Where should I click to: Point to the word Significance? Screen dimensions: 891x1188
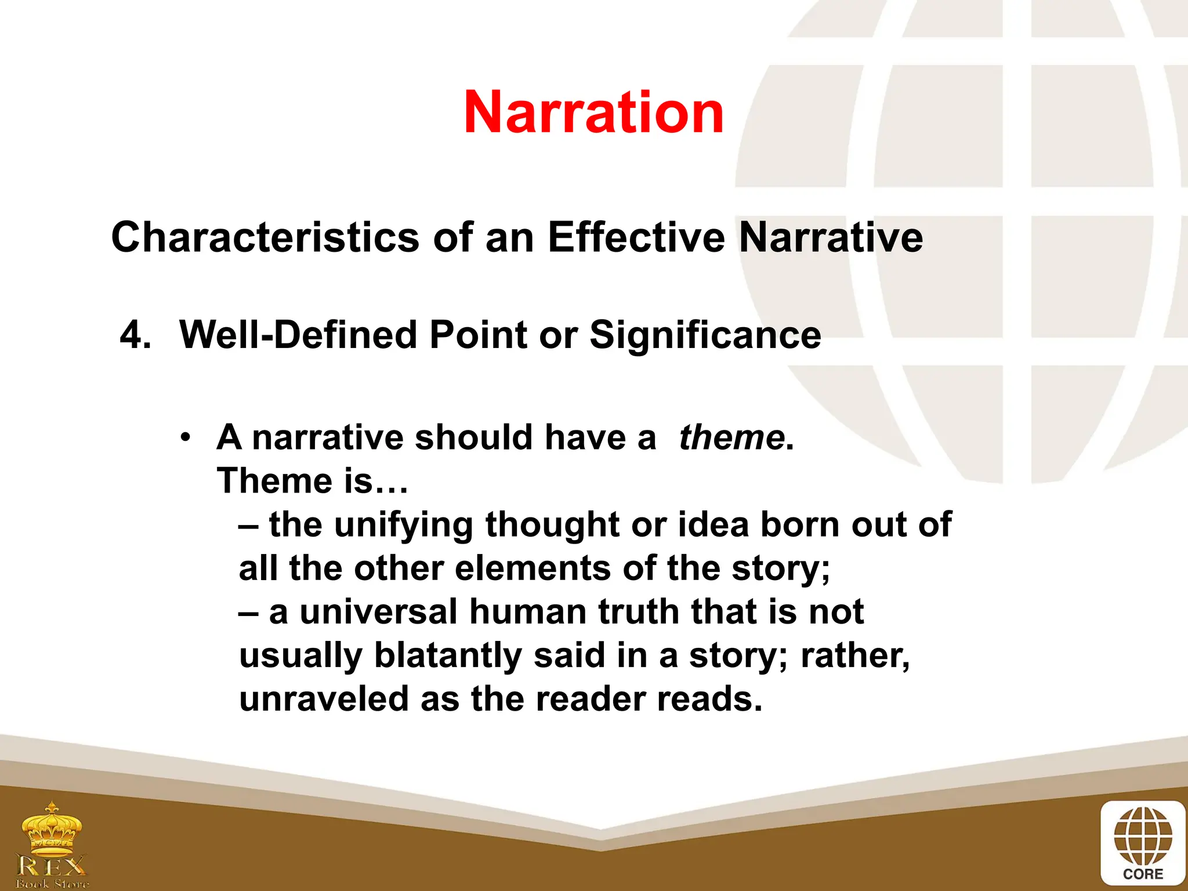pyautogui.click(x=705, y=335)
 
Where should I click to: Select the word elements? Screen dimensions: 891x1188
pyautogui.click(x=533, y=568)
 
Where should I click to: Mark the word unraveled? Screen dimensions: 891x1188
pyautogui.click(x=324, y=699)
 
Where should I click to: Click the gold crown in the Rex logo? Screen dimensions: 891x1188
pyautogui.click(x=52, y=830)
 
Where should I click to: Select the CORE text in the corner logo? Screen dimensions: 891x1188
pyautogui.click(x=1143, y=874)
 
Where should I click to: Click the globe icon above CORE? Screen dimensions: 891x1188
pyautogui.click(x=1143, y=835)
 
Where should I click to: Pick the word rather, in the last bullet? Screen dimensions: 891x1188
pyautogui.click(x=855, y=655)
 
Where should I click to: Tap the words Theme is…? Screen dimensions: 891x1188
pyautogui.click(x=313, y=481)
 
